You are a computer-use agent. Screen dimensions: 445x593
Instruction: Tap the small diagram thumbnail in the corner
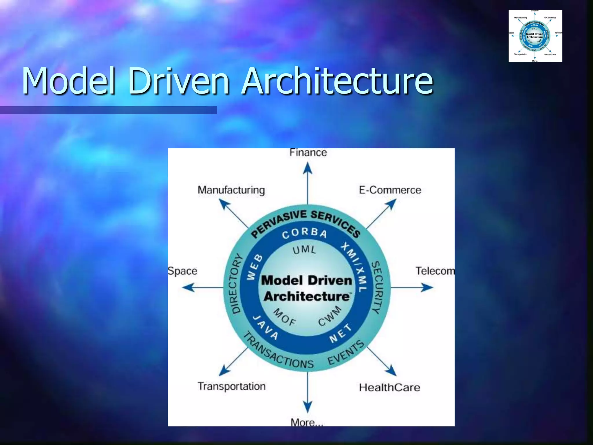535,36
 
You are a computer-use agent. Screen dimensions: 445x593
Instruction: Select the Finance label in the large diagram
308,152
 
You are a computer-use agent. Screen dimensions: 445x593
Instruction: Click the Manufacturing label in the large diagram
231,190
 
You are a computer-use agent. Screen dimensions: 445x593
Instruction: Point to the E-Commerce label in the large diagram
390,190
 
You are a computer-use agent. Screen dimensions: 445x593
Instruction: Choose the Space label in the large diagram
183,271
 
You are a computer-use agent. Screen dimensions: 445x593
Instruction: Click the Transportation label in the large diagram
231,386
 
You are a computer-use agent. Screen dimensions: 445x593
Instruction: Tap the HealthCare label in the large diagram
389,387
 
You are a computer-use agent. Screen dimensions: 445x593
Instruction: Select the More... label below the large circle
307,422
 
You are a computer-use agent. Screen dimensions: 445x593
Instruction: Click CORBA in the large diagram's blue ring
304,233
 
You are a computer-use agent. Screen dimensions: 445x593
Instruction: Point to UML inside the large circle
304,249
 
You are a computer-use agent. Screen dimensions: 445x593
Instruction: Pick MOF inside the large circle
285,317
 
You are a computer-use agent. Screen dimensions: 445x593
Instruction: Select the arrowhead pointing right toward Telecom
427,287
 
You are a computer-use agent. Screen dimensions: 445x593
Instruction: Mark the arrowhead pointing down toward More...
308,406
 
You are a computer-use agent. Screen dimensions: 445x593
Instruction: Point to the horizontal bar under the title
108,110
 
